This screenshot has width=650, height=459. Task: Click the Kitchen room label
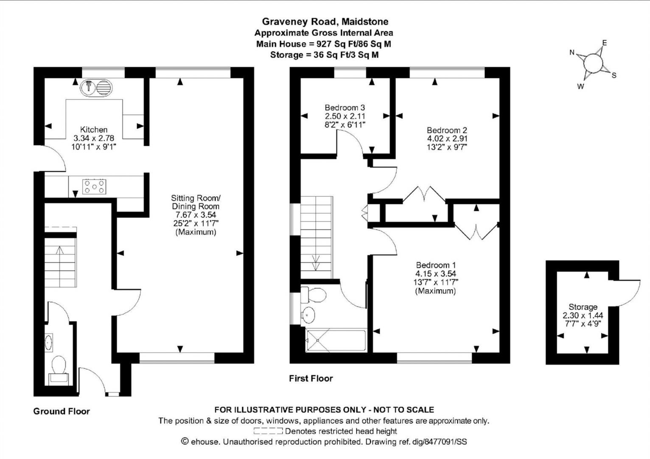pyautogui.click(x=94, y=130)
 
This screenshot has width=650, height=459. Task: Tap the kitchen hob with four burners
pyautogui.click(x=94, y=187)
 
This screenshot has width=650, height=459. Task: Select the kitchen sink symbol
pyautogui.click(x=97, y=88)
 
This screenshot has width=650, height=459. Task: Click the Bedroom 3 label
pyautogui.click(x=345, y=108)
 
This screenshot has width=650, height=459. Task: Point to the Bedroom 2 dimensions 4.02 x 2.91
pyautogui.click(x=447, y=139)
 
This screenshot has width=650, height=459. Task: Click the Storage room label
pyautogui.click(x=583, y=307)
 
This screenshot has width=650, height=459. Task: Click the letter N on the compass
pyautogui.click(x=572, y=53)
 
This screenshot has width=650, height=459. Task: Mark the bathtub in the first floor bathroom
pyautogui.click(x=336, y=341)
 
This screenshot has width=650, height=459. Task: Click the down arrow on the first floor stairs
pyautogui.click(x=316, y=263)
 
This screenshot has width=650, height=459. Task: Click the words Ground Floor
pyautogui.click(x=62, y=411)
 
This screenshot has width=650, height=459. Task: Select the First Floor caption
pyautogui.click(x=311, y=378)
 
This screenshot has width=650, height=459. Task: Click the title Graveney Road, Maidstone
pyautogui.click(x=325, y=22)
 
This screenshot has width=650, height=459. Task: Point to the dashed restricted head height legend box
pyautogui.click(x=268, y=431)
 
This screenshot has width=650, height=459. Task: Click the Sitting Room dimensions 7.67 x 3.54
pyautogui.click(x=196, y=215)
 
